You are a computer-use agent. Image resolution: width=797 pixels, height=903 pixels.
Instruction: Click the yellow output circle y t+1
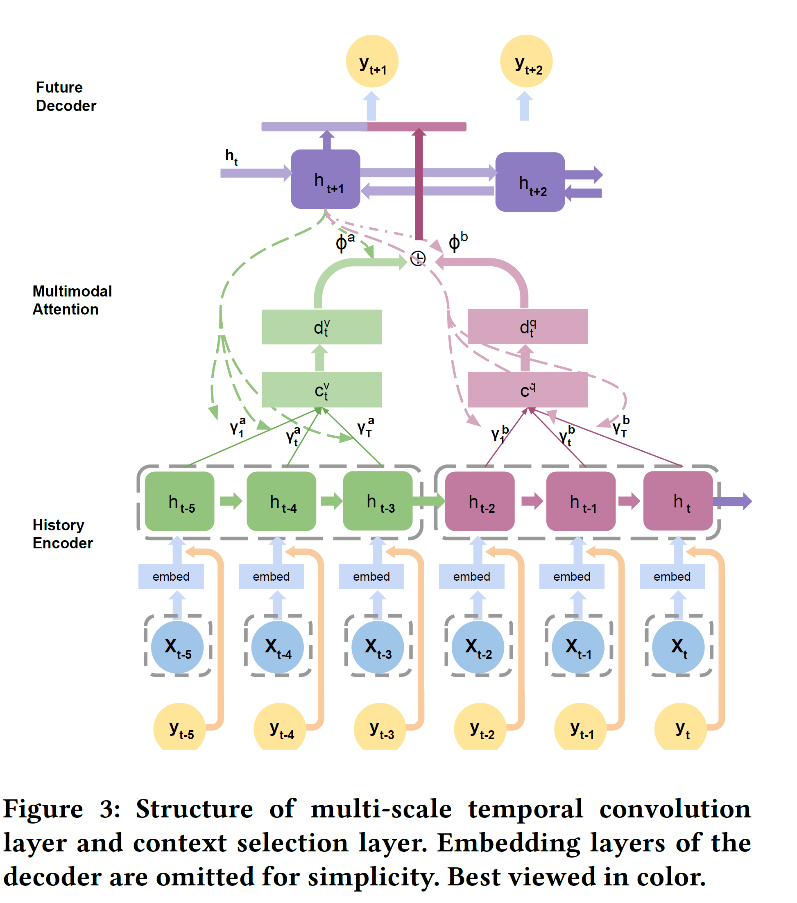[x=371, y=61]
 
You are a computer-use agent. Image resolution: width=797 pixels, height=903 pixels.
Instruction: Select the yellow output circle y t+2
[x=526, y=61]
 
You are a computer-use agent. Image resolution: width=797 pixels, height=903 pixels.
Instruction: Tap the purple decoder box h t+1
[x=325, y=179]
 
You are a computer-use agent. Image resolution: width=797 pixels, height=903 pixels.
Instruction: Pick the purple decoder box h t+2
[x=530, y=182]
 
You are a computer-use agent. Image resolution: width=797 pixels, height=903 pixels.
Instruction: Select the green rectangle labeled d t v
[x=321, y=327]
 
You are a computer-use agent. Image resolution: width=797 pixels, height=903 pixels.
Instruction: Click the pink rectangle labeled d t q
[x=528, y=326]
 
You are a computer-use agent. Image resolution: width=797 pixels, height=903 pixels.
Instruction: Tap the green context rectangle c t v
[x=321, y=389]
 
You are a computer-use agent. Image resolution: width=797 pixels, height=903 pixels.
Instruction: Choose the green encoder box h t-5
[x=179, y=501]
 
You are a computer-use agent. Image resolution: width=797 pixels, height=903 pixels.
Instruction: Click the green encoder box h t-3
[x=377, y=501]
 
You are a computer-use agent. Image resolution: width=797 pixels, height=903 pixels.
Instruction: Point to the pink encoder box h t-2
[x=479, y=501]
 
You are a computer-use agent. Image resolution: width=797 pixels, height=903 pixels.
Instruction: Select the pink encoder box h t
[x=677, y=501]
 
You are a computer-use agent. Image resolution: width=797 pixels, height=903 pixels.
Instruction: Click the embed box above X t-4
[x=271, y=576]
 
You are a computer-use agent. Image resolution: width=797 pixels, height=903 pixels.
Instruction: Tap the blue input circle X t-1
[x=577, y=647]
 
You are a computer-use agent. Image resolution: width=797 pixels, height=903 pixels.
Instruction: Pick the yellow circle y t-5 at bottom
[x=179, y=727]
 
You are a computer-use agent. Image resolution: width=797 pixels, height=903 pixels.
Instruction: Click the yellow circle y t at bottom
[x=680, y=727]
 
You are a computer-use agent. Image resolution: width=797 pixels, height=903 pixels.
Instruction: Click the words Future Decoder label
[x=66, y=96]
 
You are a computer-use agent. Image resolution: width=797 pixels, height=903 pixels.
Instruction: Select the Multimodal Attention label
[x=72, y=300]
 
